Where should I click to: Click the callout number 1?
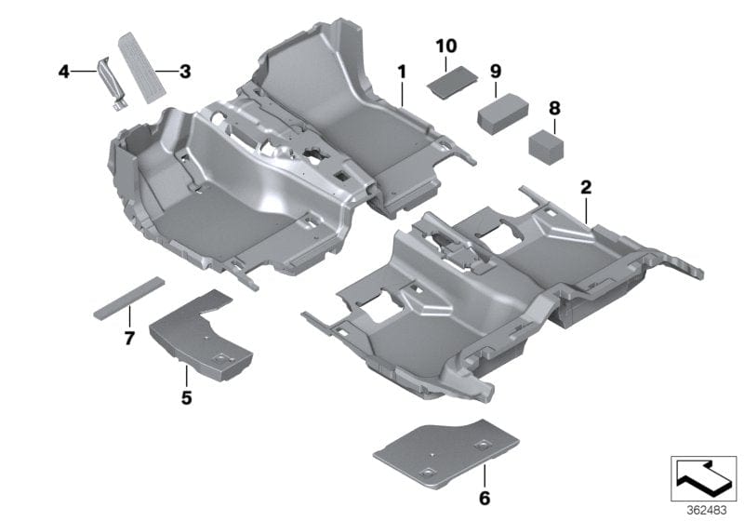tap(402, 71)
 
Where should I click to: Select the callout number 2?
tap(586, 187)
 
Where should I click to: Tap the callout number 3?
tap(185, 71)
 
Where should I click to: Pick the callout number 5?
tap(186, 398)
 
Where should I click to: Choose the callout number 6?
tap(484, 498)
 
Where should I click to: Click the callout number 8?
tap(554, 109)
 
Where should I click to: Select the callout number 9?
tap(496, 72)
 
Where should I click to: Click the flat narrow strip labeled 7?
tap(128, 298)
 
